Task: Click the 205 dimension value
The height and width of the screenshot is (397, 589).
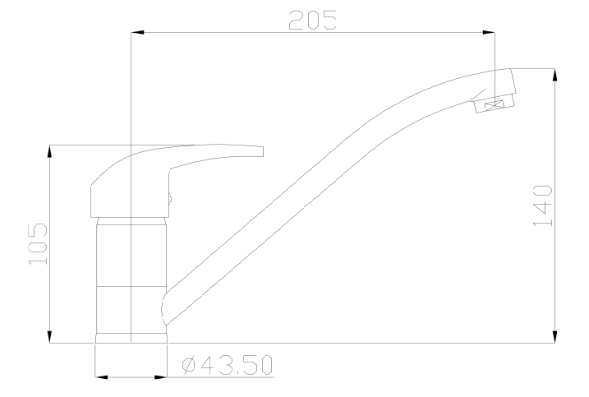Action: (x=312, y=21)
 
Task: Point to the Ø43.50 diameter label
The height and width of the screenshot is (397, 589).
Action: (x=227, y=364)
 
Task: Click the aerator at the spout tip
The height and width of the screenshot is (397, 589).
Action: (x=495, y=104)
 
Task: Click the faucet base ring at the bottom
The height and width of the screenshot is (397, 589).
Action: (x=131, y=338)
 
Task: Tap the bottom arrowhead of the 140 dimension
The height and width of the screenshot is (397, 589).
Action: (x=557, y=336)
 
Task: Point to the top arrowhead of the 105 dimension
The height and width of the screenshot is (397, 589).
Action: (x=51, y=151)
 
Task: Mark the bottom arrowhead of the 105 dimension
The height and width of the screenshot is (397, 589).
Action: (x=51, y=336)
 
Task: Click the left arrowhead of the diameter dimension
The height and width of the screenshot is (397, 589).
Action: (x=102, y=377)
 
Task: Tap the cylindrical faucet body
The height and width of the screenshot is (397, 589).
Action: (x=131, y=263)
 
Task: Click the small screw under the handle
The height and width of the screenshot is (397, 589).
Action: (x=169, y=197)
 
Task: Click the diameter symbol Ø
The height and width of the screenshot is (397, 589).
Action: (x=187, y=364)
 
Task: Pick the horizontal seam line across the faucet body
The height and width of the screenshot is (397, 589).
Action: (x=131, y=285)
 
